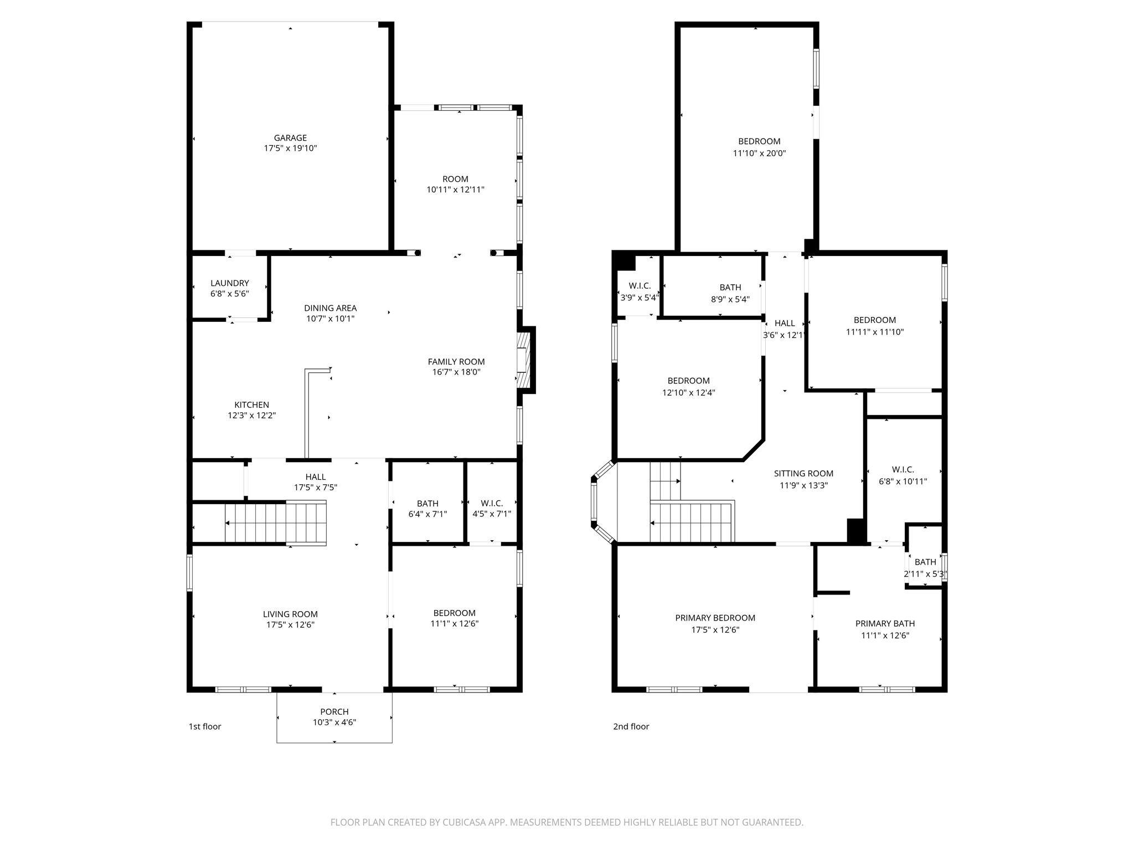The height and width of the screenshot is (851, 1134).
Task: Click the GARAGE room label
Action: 290,138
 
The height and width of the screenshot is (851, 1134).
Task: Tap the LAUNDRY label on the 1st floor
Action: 230,283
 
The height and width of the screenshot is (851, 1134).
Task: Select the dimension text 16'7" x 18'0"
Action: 456,372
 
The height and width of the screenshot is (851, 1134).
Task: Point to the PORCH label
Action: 334,712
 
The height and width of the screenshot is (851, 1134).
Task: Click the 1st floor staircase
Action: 275,522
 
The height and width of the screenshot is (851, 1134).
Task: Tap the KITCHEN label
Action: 251,405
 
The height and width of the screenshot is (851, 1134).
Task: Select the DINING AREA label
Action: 330,308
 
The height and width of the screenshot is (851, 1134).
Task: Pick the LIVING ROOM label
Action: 290,614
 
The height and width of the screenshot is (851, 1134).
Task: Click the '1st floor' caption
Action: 205,726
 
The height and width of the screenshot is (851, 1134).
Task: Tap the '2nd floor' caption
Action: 631,726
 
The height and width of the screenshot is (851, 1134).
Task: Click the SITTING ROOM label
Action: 803,473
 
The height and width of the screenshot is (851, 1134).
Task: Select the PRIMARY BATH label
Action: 885,623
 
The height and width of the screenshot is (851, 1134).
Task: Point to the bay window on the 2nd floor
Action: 601,501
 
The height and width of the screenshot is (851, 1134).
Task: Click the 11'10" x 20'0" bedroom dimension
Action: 759,153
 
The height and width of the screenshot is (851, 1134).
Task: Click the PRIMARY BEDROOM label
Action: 715,618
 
